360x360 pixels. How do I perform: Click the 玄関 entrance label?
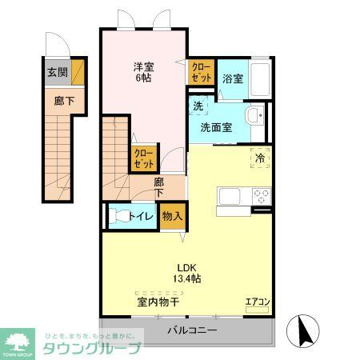click(x=58, y=72)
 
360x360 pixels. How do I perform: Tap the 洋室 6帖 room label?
click(x=144, y=73)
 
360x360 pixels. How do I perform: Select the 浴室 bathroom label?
click(x=233, y=78)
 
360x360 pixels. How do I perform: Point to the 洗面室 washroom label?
click(x=216, y=126)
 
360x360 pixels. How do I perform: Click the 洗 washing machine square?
click(x=198, y=105)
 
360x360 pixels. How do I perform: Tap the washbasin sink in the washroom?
click(x=254, y=118)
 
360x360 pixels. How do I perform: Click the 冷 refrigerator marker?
click(x=260, y=158)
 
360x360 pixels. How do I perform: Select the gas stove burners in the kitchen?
click(x=262, y=194)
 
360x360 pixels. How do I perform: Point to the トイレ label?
click(x=143, y=214)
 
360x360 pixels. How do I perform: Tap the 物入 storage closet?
click(x=172, y=215)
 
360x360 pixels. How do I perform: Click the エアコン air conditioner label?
click(x=257, y=302)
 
